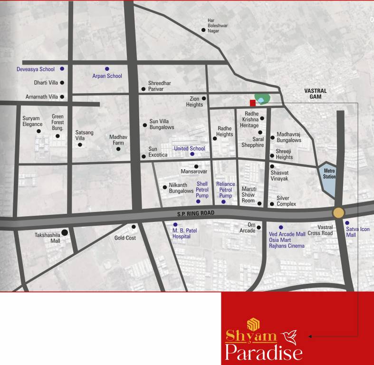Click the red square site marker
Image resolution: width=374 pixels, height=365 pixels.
tap(253, 103)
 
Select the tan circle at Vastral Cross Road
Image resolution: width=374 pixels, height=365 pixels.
tap(339, 212)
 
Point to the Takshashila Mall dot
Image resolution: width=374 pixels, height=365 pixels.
tap(65, 232)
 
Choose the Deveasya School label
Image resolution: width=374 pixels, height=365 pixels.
tap(36, 69)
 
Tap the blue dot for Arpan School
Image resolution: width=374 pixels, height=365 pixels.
tap(107, 68)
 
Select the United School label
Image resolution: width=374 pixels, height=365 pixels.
tap(189, 149)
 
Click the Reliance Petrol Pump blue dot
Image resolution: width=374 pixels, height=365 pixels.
tap(223, 202)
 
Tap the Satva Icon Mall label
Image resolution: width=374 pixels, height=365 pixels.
tap(357, 232)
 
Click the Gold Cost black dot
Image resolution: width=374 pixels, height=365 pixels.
tap(134, 227)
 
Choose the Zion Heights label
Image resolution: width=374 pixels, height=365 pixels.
tap(194, 101)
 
